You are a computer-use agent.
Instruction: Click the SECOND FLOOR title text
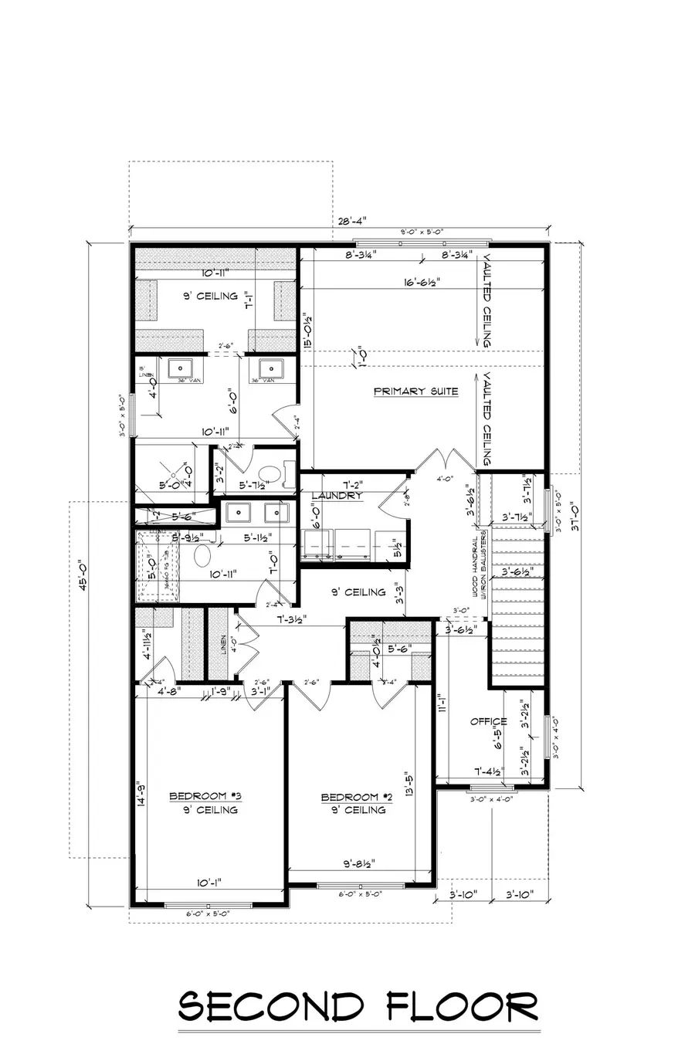358,1008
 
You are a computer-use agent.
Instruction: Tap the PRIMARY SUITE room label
415,391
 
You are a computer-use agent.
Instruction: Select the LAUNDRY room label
337,496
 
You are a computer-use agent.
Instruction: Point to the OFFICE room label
488,721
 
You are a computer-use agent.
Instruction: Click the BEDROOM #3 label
206,796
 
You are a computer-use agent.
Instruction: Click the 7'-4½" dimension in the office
488,771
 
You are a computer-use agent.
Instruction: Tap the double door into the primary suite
440,461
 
